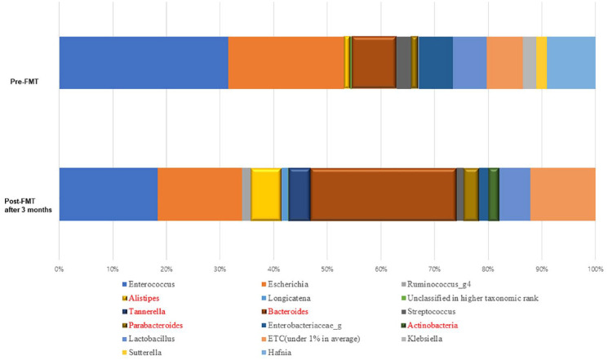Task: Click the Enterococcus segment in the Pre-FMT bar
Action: pyautogui.click(x=144, y=63)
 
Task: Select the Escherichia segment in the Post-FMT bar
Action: pyautogui.click(x=200, y=194)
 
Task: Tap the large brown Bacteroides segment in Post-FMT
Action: pyautogui.click(x=384, y=194)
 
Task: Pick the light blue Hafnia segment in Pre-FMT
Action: pyautogui.click(x=571, y=63)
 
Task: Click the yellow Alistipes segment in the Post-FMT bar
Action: pyautogui.click(x=265, y=194)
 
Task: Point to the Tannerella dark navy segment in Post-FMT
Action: pyautogui.click(x=300, y=194)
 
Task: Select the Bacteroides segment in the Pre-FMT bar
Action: pyautogui.click(x=374, y=63)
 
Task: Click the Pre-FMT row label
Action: pyautogui.click(x=24, y=82)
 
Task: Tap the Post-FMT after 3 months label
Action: pyautogui.click(x=28, y=206)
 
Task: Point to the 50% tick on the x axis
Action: pyautogui.click(x=327, y=269)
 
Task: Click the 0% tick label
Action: pyautogui.click(x=59, y=269)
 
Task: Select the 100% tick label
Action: pyautogui.click(x=596, y=269)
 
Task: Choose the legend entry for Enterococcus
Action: pyautogui.click(x=149, y=284)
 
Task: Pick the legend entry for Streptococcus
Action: pyautogui.click(x=428, y=312)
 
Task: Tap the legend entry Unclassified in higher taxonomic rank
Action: pyautogui.click(x=470, y=298)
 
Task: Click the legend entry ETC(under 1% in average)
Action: pyautogui.click(x=311, y=339)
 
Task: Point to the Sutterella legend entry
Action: pyautogui.click(x=142, y=353)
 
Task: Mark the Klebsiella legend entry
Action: pyautogui.click(x=422, y=339)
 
